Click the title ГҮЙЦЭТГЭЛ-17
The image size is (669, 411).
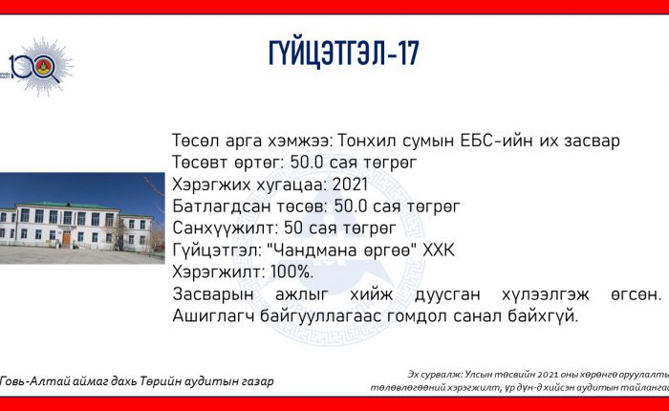[344, 54]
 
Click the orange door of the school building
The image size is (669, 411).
[67, 238]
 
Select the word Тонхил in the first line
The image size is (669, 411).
[366, 141]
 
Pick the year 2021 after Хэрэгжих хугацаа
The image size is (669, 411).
[350, 184]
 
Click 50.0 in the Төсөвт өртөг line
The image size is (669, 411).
[307, 162]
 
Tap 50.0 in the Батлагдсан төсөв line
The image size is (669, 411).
[351, 206]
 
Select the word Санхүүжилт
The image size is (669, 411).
[225, 227]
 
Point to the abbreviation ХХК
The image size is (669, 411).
[439, 250]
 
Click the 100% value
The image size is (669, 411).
[291, 271]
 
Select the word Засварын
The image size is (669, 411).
[213, 294]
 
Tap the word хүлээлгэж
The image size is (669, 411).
[546, 294]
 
